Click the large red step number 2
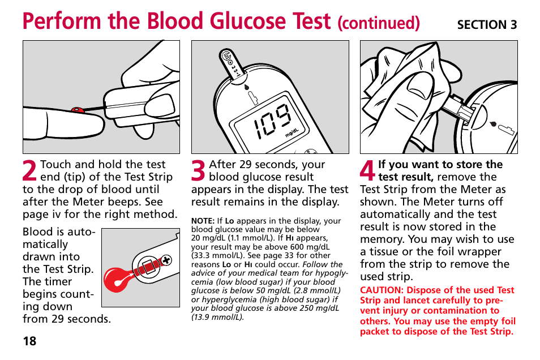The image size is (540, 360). click(31, 172)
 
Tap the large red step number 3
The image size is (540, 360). click(199, 172)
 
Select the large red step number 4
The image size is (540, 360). click(367, 172)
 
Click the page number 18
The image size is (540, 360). click(29, 341)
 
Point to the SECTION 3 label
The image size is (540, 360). click(487, 24)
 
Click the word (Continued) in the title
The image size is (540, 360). click(378, 23)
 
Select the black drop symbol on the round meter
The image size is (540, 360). click(492, 123)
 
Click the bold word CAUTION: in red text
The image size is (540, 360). click(382, 290)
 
